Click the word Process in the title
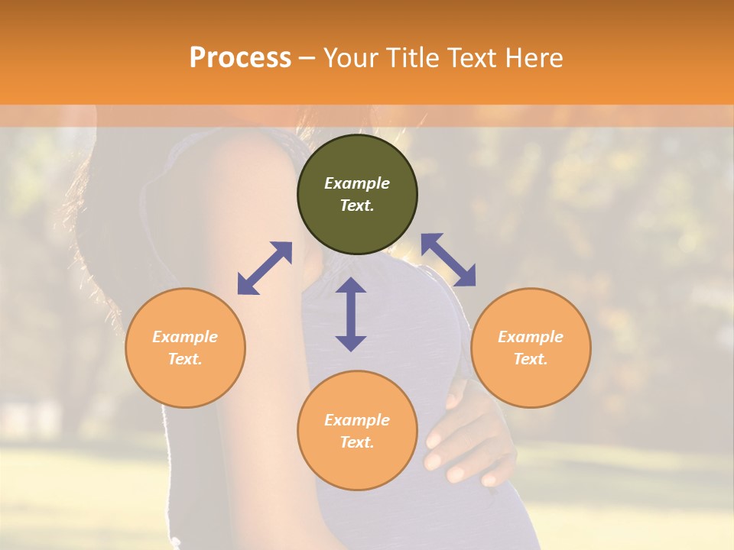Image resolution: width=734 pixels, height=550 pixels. coord(240,58)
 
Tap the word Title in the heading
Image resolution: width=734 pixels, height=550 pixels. coord(412,58)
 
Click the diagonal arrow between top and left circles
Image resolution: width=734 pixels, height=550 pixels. coord(265,268)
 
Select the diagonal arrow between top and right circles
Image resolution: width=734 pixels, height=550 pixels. coord(448,260)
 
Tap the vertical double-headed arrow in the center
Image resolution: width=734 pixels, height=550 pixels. coord(351,314)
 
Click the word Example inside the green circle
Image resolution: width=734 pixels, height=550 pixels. coord(357,183)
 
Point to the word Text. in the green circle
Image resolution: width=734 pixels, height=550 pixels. coord(357,205)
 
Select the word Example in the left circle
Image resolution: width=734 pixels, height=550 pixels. coord(185,337)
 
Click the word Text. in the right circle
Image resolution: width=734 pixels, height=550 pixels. coord(531,359)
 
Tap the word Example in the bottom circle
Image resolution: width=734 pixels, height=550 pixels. coord(357,420)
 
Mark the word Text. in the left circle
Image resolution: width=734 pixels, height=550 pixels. coord(185,359)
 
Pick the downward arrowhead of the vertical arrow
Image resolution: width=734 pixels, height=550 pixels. coord(351,343)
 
